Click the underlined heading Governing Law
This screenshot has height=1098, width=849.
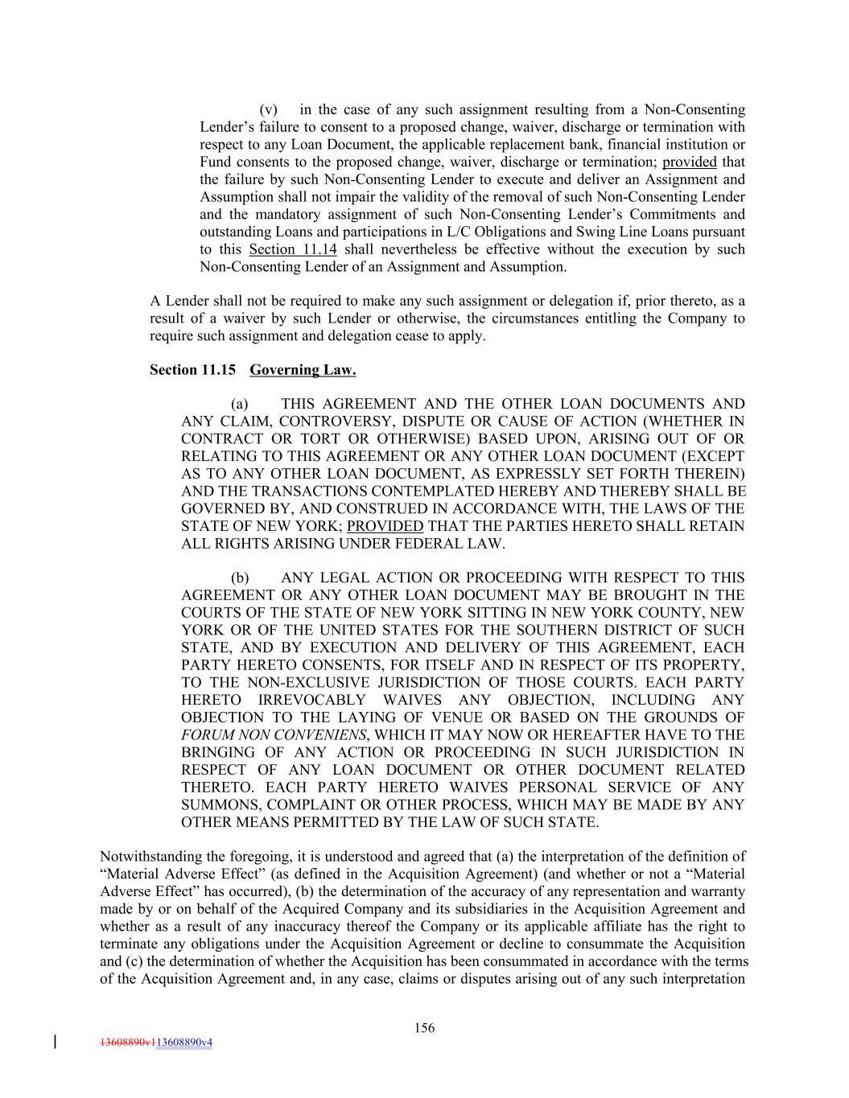pyautogui.click(x=303, y=370)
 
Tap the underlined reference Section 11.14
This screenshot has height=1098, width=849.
pyautogui.click(x=293, y=249)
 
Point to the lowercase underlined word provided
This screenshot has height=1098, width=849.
pyautogui.click(x=690, y=162)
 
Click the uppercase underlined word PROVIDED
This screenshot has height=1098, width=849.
pyautogui.click(x=385, y=527)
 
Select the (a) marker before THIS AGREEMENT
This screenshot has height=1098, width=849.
pyautogui.click(x=240, y=405)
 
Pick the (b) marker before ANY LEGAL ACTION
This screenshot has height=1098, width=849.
pyautogui.click(x=240, y=578)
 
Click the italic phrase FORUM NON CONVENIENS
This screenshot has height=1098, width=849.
pyautogui.click(x=274, y=735)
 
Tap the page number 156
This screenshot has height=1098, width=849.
pyautogui.click(x=424, y=1028)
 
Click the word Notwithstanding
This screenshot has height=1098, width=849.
pyautogui.click(x=147, y=857)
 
